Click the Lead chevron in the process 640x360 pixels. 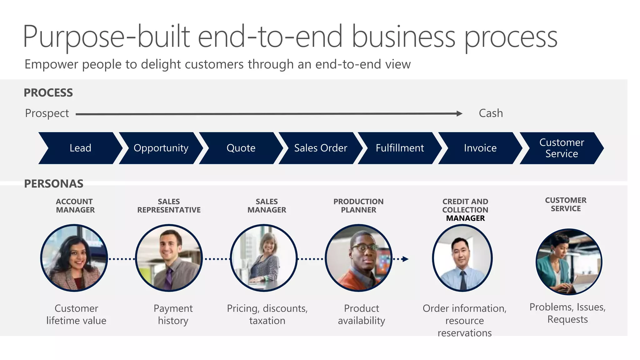(80, 148)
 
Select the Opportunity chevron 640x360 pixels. (161, 148)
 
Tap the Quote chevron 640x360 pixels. (241, 148)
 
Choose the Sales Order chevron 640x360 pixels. (320, 148)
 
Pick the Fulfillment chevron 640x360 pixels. (400, 148)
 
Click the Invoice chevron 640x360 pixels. (480, 148)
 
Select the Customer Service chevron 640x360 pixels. (561, 148)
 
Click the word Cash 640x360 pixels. (491, 113)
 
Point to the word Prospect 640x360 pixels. (47, 113)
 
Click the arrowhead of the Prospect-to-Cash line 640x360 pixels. (459, 114)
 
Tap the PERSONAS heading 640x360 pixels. (54, 184)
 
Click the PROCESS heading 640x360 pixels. (48, 93)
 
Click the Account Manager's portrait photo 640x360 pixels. (74, 258)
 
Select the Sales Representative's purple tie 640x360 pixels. (169, 278)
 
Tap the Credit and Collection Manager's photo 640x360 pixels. (462, 258)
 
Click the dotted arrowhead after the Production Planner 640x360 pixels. (405, 259)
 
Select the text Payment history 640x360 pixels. (173, 314)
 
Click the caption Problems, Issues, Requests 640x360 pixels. (567, 313)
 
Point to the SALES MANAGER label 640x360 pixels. (267, 206)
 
